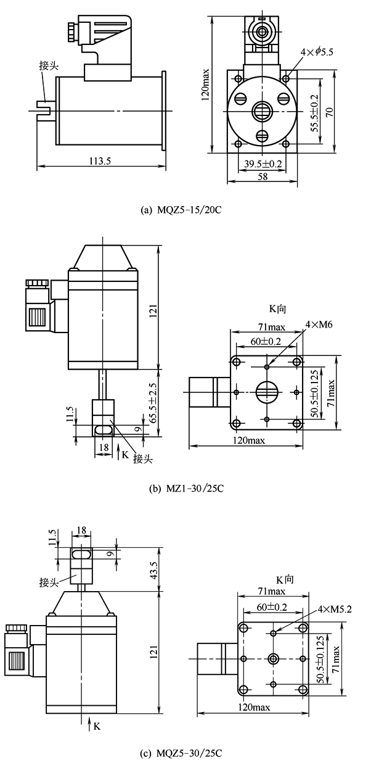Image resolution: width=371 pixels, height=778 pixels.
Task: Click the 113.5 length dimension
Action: coord(100,161)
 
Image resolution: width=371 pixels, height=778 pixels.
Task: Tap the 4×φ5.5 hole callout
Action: coord(317,52)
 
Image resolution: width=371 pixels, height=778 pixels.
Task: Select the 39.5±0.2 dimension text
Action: coord(263,163)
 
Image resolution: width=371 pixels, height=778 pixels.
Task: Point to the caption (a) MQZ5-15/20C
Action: coord(181,210)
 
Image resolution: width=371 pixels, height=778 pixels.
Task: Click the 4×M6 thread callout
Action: coord(319,325)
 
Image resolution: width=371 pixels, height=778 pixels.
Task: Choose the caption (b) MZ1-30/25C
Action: coord(186,489)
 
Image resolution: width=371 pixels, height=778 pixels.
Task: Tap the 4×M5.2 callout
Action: coord(334,609)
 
